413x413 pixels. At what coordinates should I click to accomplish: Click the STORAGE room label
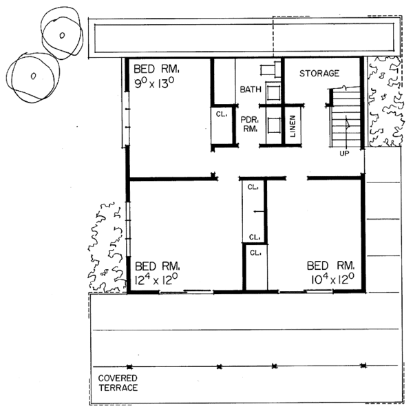pos(319,73)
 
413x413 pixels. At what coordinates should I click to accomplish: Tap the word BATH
pos(251,89)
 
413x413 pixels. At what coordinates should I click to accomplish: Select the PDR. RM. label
pos(249,125)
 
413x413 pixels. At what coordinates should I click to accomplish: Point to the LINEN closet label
pos(293,126)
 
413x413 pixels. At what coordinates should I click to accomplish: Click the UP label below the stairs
pos(344,153)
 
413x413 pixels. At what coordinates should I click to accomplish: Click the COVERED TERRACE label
pos(118,383)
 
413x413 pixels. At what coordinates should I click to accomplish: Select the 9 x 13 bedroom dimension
pos(154,83)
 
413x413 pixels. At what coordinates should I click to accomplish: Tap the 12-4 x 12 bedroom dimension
pos(156,279)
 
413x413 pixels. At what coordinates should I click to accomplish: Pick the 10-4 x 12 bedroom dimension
pos(332,279)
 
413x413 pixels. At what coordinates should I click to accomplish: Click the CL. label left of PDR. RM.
pos(222,114)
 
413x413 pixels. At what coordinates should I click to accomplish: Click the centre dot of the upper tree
pos(62,35)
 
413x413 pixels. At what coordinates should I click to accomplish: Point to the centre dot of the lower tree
pos(33,76)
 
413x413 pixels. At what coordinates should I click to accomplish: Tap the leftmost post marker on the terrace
pos(129,367)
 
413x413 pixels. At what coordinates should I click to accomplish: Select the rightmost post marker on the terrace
pos(363,366)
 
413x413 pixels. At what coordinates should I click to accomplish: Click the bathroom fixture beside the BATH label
pos(273,91)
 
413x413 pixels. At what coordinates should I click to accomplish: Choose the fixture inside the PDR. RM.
pos(273,125)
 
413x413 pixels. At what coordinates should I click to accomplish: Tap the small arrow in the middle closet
pos(258,211)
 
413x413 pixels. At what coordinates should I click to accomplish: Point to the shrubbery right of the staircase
pos(385,101)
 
